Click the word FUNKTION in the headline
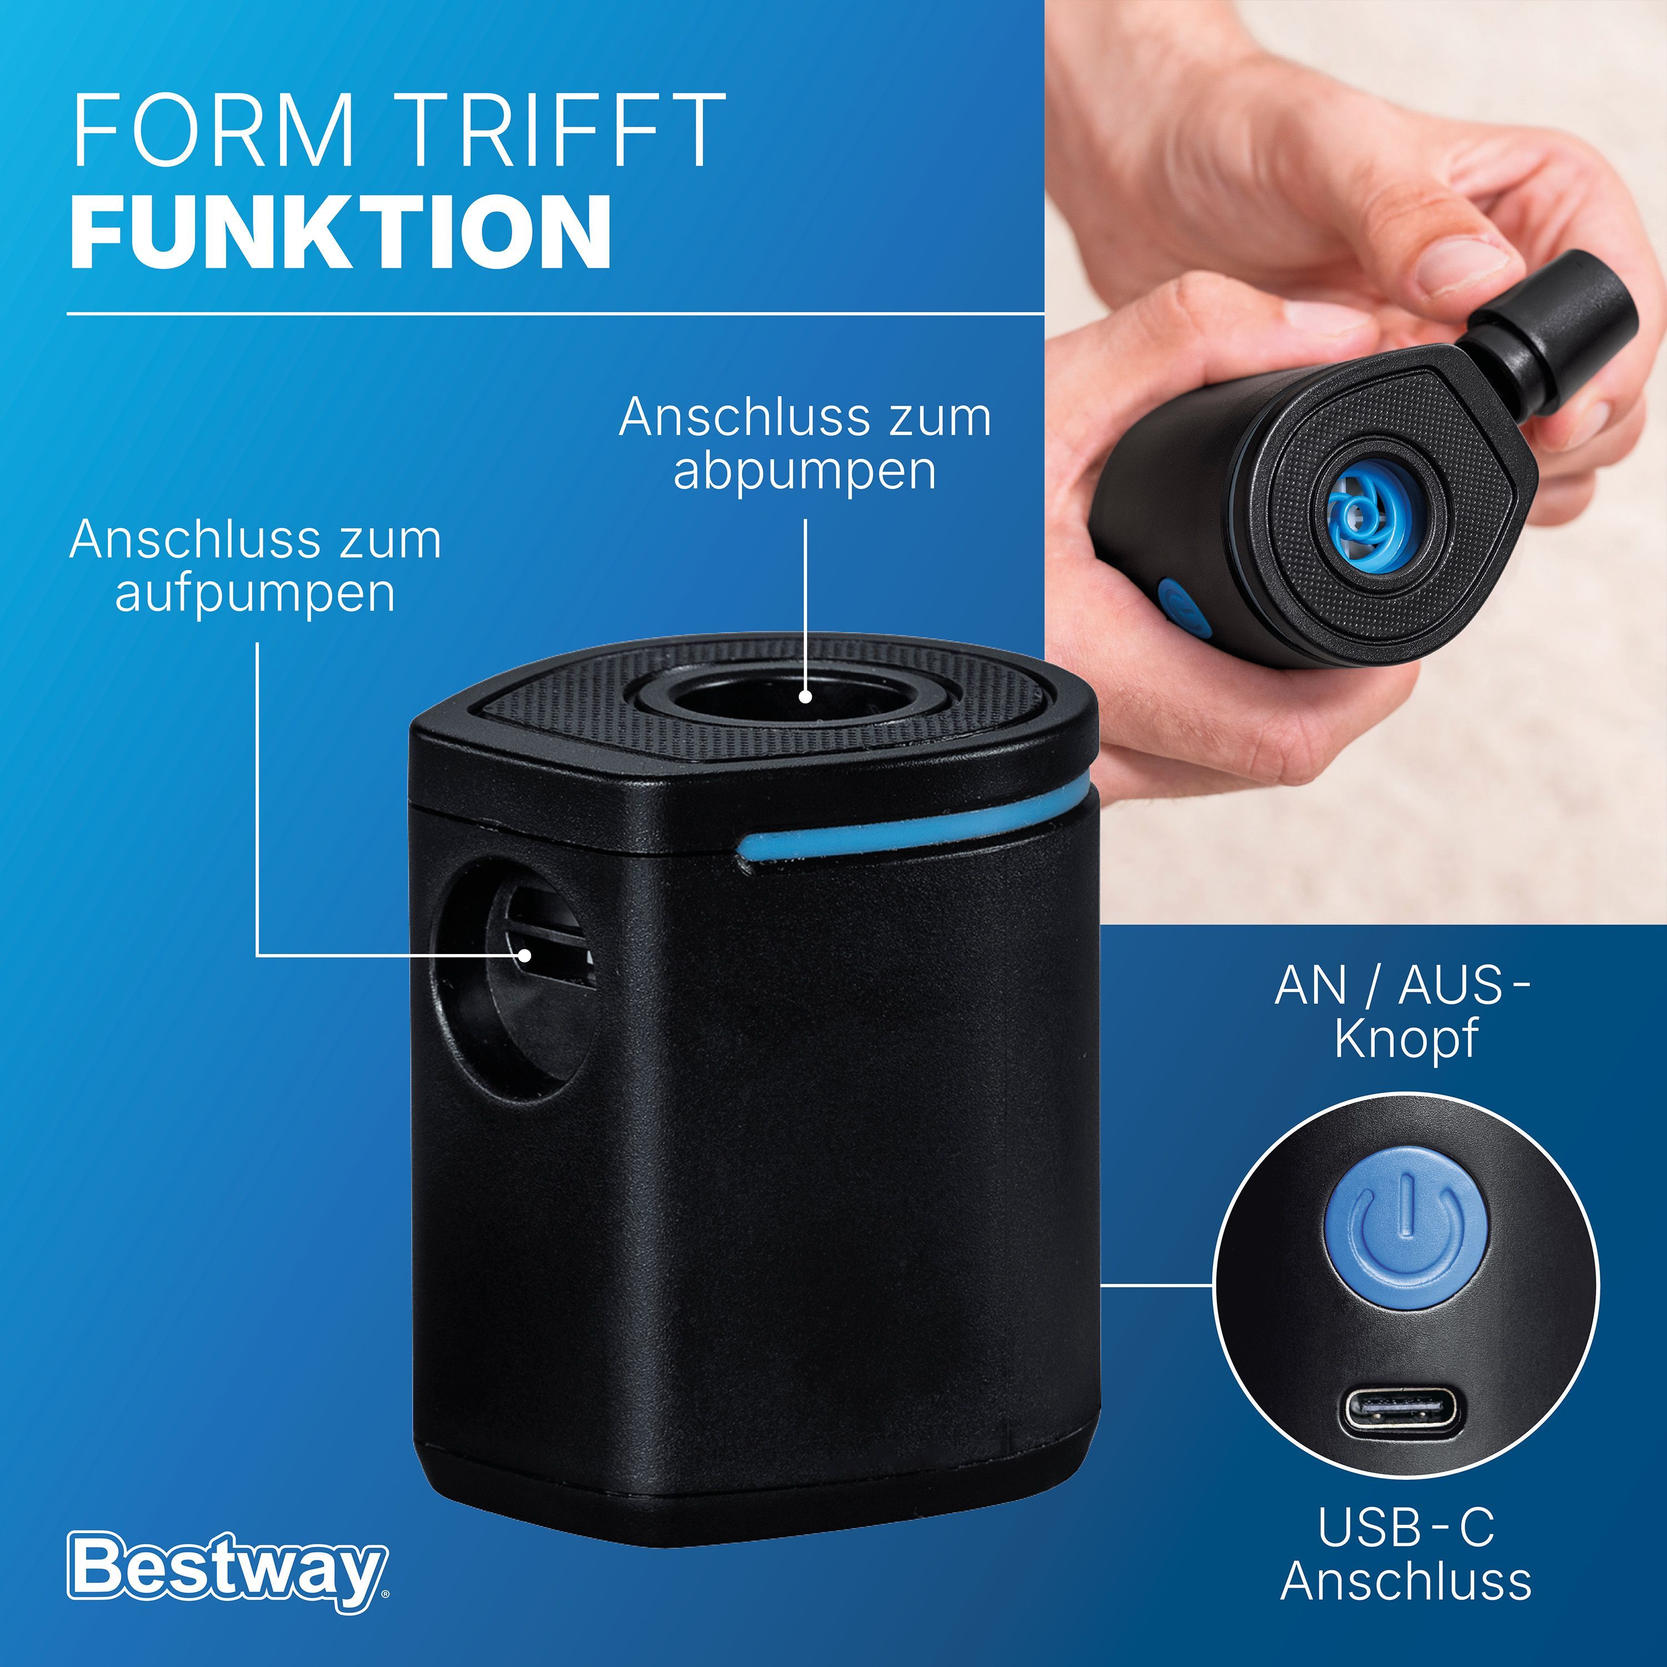[x=341, y=231]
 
